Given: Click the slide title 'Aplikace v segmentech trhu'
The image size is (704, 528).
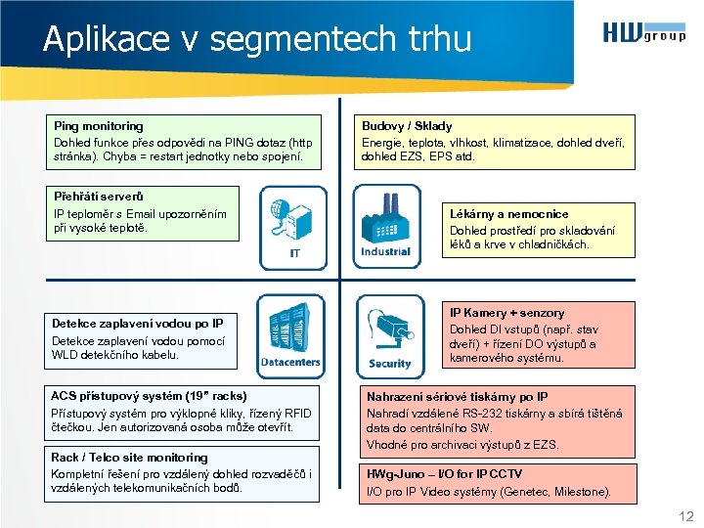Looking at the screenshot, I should (x=257, y=39).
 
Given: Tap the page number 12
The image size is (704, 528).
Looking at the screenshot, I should (x=684, y=515).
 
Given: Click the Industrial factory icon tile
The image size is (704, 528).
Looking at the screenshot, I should (x=384, y=228).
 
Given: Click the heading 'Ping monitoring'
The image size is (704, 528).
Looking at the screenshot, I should (x=98, y=126).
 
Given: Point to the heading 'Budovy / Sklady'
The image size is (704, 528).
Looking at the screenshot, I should (x=407, y=126).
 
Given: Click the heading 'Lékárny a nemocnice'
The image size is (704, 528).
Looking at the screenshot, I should (x=508, y=213).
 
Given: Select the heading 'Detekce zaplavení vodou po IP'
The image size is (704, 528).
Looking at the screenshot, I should (x=137, y=324).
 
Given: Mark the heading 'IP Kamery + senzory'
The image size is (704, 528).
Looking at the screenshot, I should (x=506, y=313).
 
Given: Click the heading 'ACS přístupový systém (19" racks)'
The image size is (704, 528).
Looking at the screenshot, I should (x=149, y=396).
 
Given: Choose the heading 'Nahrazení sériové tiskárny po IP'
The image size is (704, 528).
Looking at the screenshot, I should (x=457, y=397).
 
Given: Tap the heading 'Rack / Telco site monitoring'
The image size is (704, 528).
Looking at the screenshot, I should (x=129, y=458).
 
